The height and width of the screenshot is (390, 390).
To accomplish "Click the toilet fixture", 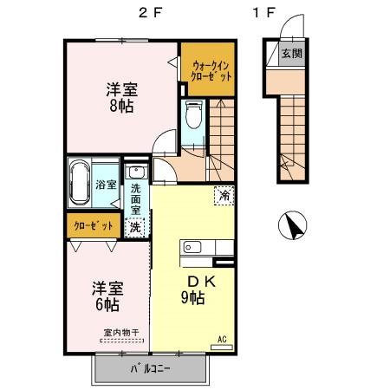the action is pos(193,114).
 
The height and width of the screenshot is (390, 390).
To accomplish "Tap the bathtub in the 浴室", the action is pos(80,183).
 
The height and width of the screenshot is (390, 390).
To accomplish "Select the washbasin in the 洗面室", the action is pos(136,172).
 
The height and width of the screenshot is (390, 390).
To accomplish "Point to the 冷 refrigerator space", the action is pos(224,196).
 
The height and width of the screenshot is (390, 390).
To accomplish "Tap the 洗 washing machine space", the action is pos(135,227).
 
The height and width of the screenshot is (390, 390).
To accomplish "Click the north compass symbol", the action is pos(292,225).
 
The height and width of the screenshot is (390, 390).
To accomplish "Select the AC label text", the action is pos(222,339).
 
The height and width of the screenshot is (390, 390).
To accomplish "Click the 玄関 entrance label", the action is pos(292,54).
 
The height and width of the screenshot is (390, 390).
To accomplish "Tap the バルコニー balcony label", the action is pos(150,368).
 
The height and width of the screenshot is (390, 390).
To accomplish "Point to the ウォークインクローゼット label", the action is pos(212,71).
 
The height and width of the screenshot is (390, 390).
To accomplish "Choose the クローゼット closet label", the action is pos(94,225).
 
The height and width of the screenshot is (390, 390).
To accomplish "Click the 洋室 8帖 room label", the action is pos(121,97).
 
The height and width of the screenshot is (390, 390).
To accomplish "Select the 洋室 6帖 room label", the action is pos(107,296).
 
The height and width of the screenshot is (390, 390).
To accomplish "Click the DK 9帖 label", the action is pos(197,289).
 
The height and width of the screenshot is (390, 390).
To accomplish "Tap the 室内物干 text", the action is pos(121,332).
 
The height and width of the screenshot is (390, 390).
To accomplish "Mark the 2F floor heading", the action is pos(151,12).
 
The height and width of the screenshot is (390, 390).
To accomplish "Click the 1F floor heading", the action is pos(263,12).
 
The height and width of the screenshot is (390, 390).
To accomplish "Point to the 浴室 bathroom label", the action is pos(106,185).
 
